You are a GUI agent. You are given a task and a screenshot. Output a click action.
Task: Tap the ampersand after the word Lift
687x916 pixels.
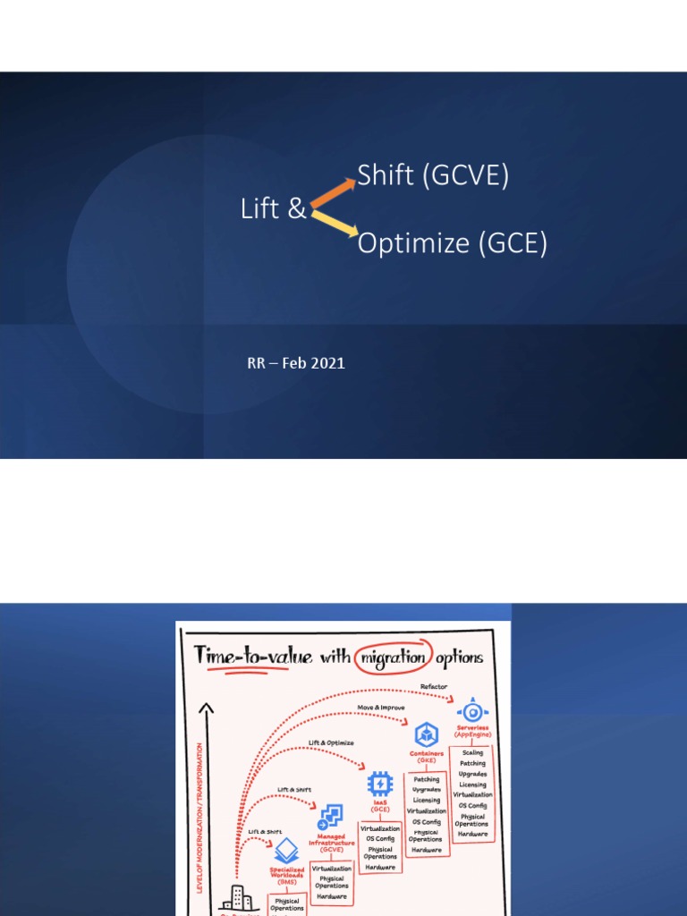click(298, 209)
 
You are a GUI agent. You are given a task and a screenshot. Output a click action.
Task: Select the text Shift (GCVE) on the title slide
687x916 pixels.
click(433, 176)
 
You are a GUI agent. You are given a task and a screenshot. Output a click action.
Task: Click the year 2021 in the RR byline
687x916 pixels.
click(329, 363)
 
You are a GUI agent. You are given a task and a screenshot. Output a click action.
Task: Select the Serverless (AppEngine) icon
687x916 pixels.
click(472, 711)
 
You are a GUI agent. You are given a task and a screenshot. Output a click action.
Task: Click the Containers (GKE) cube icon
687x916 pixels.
click(426, 735)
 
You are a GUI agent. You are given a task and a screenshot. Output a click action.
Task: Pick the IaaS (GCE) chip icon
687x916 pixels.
click(380, 785)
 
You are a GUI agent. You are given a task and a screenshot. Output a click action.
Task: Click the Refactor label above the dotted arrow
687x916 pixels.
click(434, 687)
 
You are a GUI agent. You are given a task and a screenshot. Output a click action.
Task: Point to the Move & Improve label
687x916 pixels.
click(381, 708)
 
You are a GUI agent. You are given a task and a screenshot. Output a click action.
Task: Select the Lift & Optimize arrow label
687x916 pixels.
click(331, 742)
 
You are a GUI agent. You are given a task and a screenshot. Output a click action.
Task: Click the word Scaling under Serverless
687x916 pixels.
click(472, 753)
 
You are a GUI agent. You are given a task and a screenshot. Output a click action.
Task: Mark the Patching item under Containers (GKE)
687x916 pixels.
click(426, 780)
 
